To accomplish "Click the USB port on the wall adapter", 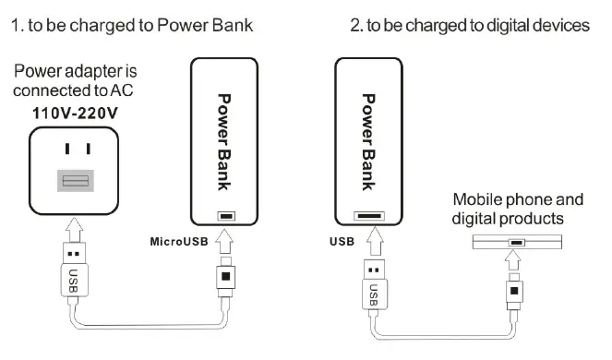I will (x=76, y=180).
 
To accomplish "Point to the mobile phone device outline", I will (x=516, y=243).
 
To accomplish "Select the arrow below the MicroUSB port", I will (x=225, y=242).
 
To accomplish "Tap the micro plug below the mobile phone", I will (x=517, y=294).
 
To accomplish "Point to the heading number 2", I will (x=355, y=26).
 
